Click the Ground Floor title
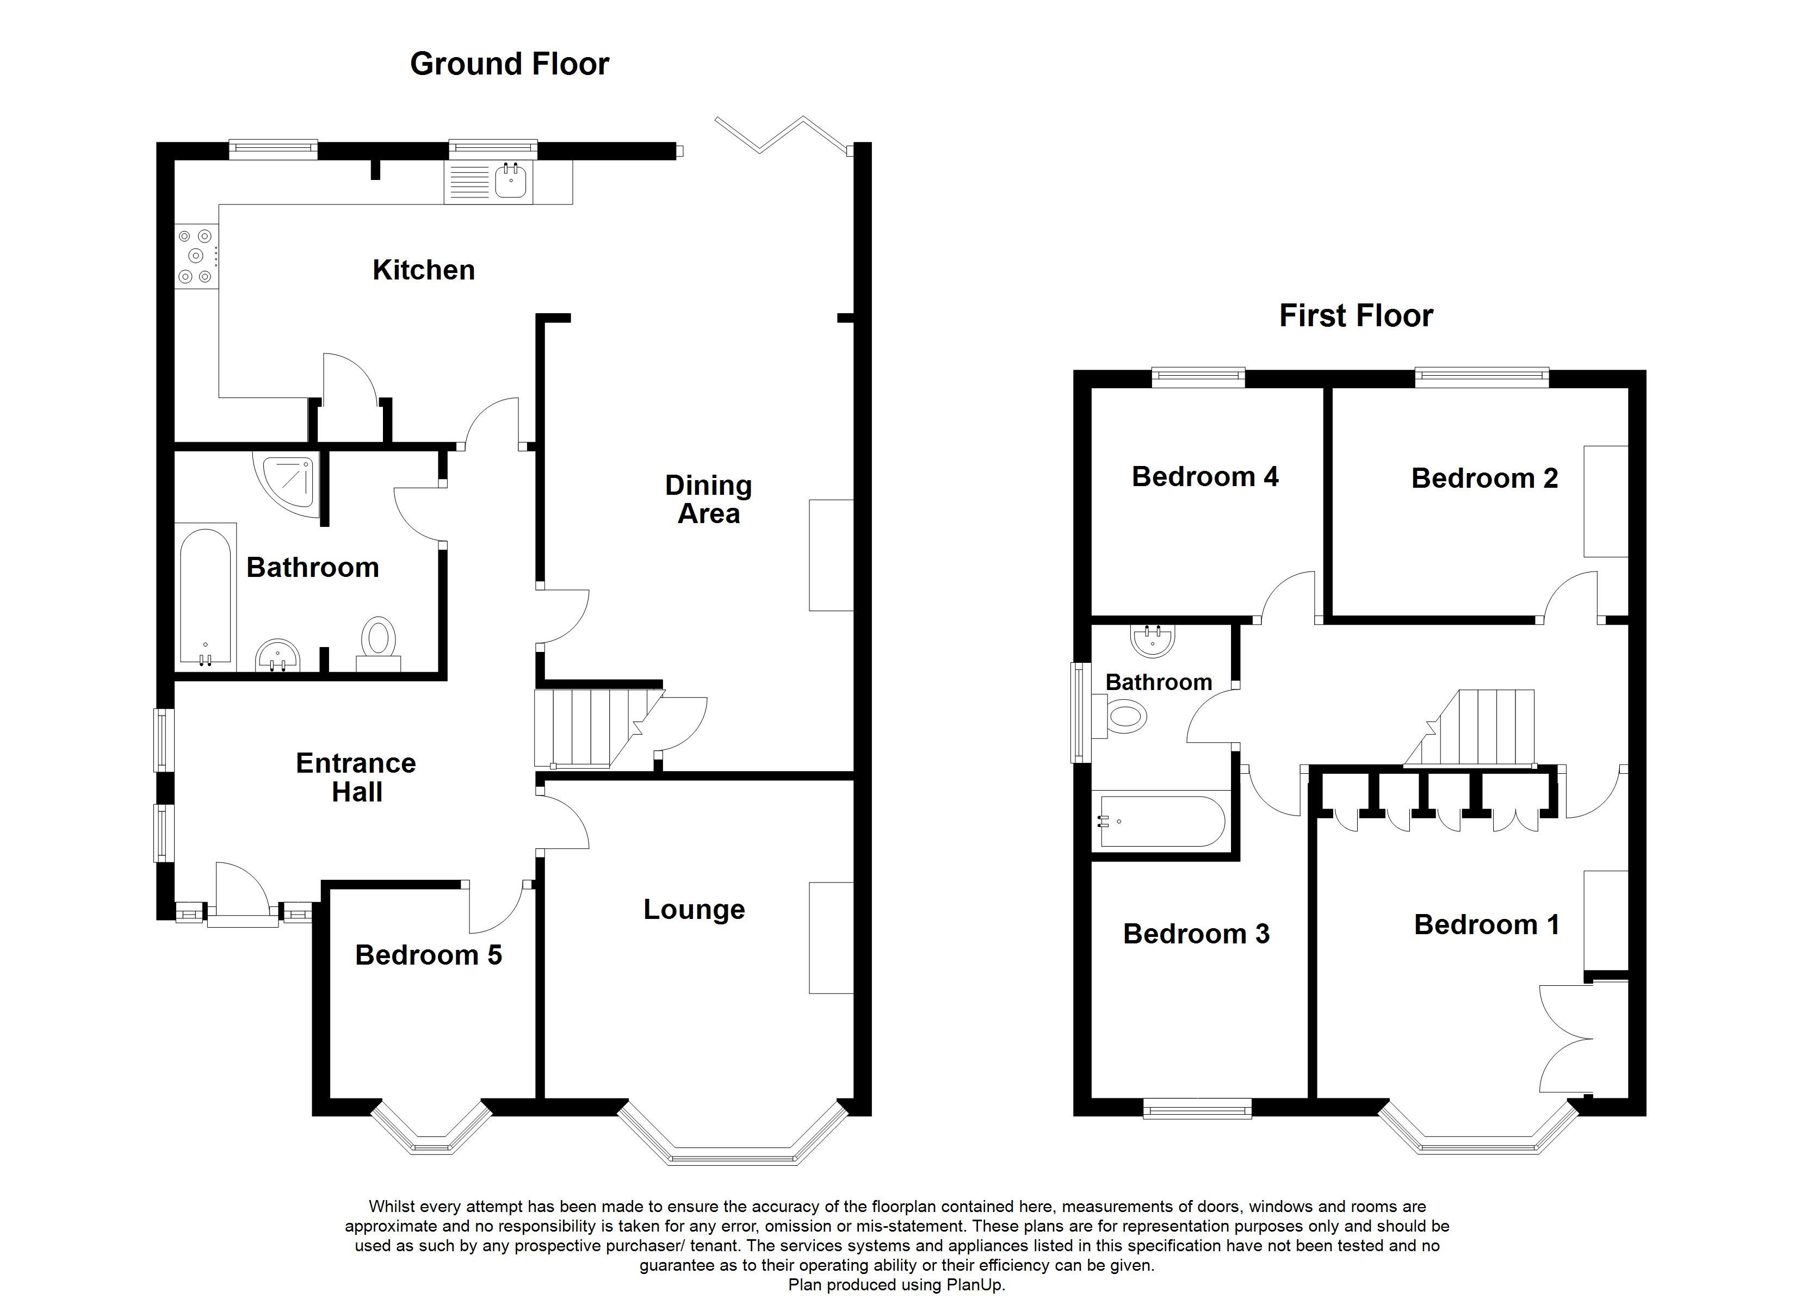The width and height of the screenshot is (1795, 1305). tap(509, 64)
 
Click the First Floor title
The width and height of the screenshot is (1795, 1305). tap(1355, 316)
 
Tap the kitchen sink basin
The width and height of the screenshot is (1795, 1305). tap(510, 183)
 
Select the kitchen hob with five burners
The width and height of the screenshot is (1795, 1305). tap(195, 256)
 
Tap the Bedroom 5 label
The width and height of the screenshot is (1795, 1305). tap(428, 955)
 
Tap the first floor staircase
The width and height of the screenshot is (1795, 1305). tap(1480, 729)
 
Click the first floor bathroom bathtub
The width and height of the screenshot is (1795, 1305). tap(1162, 822)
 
